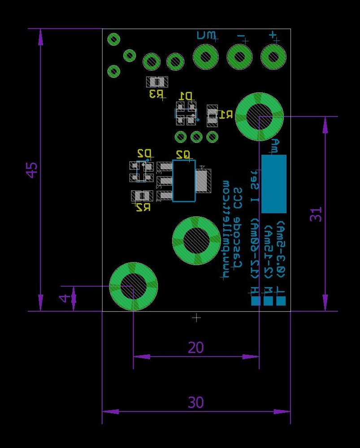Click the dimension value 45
coord(32,170)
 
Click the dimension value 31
coord(317,214)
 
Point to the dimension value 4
coord(65,298)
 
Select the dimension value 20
coord(196,348)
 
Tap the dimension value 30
coord(196,403)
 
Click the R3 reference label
coord(156,94)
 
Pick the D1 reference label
coord(186,96)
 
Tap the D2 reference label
coord(144,154)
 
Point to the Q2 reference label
coord(183,155)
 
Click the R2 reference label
coord(143,207)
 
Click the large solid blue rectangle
coord(273,184)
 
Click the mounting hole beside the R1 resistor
coord(259,117)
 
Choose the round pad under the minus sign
coord(239,57)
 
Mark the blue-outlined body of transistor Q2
coord(184,181)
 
